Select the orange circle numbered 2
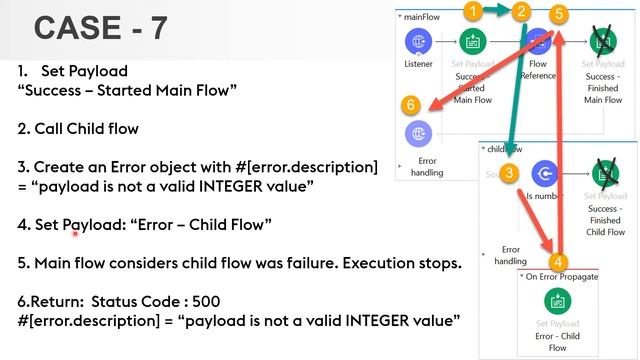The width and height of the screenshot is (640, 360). click(x=521, y=12)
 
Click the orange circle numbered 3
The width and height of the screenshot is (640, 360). click(x=509, y=173)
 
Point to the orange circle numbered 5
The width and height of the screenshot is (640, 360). click(x=559, y=13)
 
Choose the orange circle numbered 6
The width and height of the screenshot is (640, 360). click(x=409, y=104)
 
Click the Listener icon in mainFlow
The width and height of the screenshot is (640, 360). click(x=418, y=42)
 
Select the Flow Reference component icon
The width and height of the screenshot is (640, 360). click(x=539, y=42)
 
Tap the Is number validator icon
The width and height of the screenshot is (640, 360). click(x=544, y=174)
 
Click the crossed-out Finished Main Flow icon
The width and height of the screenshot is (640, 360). click(x=603, y=42)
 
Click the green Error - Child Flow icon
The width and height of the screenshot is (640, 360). click(x=557, y=301)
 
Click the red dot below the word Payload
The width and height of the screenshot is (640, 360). click(x=74, y=234)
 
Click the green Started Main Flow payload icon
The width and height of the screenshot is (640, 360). click(x=472, y=42)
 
